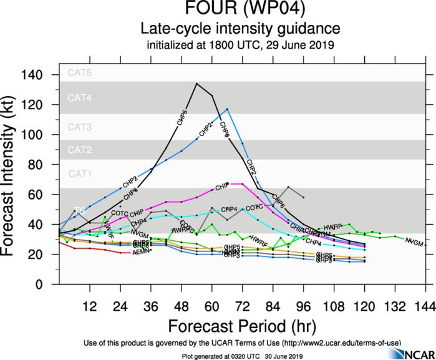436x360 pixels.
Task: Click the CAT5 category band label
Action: [80, 73]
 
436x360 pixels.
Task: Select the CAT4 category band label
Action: [80, 98]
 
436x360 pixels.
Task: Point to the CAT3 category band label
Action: [80, 127]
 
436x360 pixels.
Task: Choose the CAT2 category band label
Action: [80, 150]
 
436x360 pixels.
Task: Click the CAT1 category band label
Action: [80, 173]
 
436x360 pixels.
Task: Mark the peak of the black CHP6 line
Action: [196, 84]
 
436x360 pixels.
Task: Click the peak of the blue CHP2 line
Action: [227, 109]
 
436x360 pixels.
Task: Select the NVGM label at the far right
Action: [413, 241]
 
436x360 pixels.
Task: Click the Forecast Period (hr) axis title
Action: [242, 326]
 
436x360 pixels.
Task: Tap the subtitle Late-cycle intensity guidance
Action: [240, 29]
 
